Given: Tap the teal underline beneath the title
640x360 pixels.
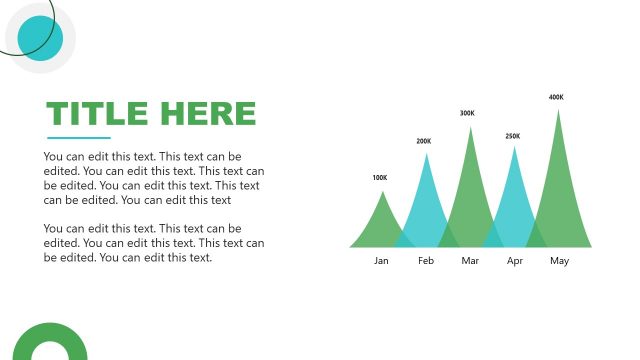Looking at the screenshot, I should point(79,138).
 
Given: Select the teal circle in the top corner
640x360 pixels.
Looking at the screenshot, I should point(40,38).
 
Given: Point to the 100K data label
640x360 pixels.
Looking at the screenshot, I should point(379,178).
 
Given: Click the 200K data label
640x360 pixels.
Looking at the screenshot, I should point(424,141).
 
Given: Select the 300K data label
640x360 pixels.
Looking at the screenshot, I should point(467,113).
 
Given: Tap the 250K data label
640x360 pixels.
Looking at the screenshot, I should point(512,136).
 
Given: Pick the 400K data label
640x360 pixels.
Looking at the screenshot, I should point(556,97).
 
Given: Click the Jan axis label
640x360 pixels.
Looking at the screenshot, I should point(381,261).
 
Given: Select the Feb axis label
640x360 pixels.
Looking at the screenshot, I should point(426,261).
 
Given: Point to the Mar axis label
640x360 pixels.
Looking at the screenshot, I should point(470,261).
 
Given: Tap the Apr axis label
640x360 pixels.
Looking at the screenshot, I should point(515,261).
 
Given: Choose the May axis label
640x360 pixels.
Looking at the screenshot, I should point(559,261).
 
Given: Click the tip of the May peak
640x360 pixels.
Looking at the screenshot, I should point(558,109).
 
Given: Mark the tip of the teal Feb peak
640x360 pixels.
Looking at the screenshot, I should point(426,153).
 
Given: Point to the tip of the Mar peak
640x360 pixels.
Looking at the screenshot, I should point(470,126).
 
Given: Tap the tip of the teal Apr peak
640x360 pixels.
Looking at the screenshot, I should point(514,147).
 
